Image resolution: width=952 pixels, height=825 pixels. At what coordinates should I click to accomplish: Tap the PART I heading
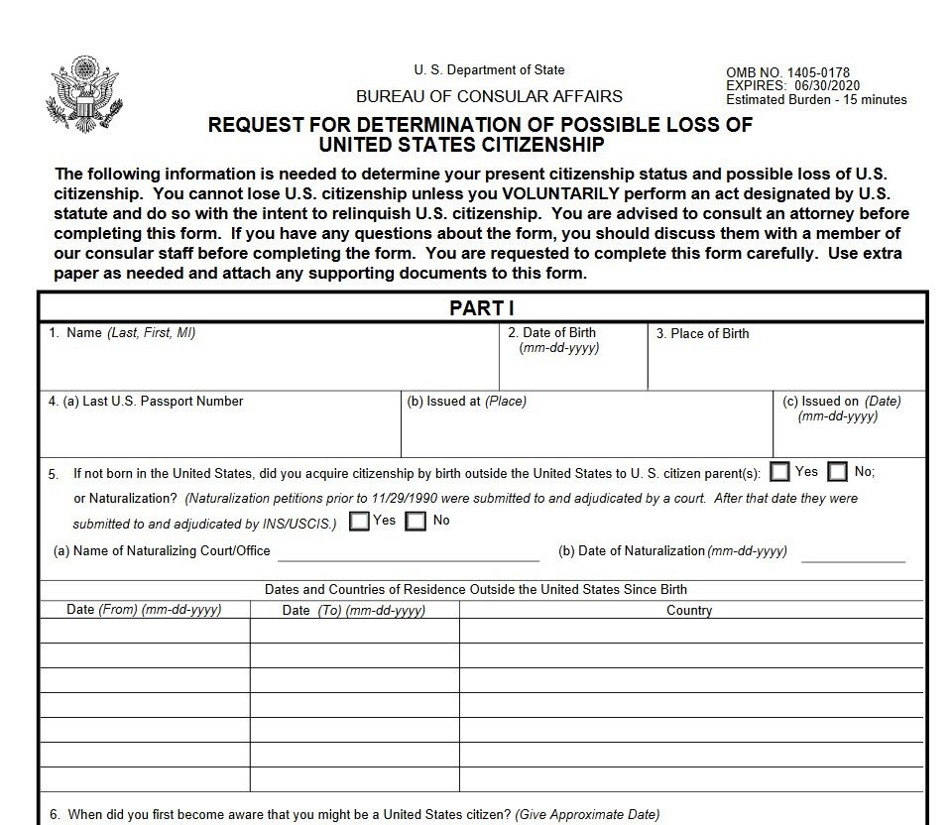(x=481, y=308)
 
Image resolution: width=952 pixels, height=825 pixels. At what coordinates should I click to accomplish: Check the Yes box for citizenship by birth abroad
(x=780, y=472)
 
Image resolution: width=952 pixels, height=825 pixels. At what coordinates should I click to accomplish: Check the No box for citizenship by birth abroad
(x=839, y=472)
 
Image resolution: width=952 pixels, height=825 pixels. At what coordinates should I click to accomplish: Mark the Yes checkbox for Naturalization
(x=360, y=521)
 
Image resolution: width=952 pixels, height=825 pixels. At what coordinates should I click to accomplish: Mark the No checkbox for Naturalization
(x=416, y=521)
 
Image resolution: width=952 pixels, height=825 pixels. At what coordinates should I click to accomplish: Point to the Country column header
(x=689, y=611)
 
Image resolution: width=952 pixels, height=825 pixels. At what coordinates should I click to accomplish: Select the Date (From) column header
(x=144, y=610)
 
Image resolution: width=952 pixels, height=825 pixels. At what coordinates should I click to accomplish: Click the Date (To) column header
(x=354, y=611)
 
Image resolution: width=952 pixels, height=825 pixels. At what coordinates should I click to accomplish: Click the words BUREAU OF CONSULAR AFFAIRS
(x=489, y=96)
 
